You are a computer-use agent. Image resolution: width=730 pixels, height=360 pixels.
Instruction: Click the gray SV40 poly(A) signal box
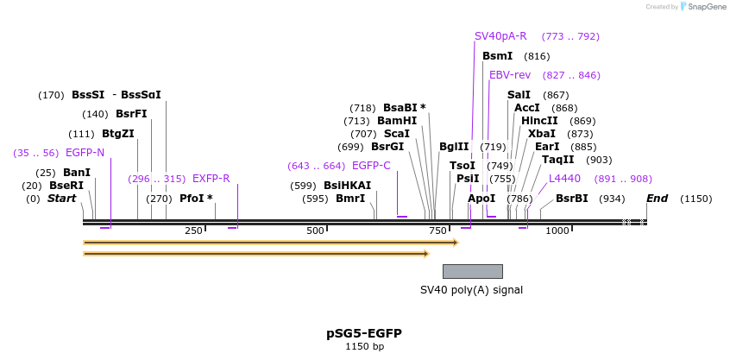tap(472, 271)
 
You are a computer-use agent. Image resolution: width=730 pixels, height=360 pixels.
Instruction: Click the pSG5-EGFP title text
tap(363, 333)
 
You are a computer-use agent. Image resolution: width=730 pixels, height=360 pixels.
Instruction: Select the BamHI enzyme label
tap(397, 121)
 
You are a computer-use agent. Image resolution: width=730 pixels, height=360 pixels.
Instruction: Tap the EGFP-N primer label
tap(85, 153)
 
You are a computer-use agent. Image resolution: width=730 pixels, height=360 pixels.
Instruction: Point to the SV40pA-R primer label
tap(500, 36)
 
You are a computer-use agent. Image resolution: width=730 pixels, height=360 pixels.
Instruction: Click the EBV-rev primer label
tap(510, 75)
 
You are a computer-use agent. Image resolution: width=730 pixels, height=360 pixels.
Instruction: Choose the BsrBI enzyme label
tap(571, 199)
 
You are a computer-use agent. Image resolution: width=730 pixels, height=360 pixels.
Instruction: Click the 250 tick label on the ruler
tap(193, 231)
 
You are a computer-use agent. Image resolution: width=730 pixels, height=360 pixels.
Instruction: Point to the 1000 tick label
tap(557, 231)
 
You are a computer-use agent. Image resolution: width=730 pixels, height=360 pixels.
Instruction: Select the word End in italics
tap(657, 199)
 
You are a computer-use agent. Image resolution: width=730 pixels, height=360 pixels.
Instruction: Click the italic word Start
tap(61, 199)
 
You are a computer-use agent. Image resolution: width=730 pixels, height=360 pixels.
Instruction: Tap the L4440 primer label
tap(564, 179)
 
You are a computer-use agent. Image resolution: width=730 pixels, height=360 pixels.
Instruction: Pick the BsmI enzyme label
tap(498, 56)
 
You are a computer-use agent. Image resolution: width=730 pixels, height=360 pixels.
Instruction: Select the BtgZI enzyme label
tap(118, 134)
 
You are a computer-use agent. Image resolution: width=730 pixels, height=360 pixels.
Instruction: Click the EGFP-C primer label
tap(371, 166)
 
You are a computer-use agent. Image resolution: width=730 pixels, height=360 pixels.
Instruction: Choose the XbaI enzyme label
tap(542, 134)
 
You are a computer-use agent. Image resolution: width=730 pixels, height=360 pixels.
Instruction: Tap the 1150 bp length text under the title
tap(364, 347)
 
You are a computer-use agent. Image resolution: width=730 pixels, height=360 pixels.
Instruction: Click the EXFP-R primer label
tap(211, 179)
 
